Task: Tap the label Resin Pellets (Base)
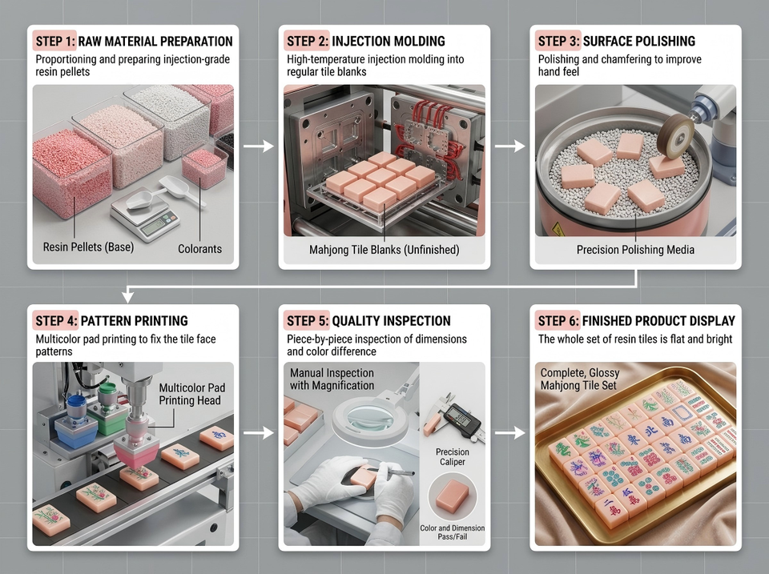click(88, 247)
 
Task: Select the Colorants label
click(199, 249)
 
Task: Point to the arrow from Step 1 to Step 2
click(259, 146)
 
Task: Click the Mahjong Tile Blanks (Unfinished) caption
click(384, 250)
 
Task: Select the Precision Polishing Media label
click(635, 250)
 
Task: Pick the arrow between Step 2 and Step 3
click(510, 146)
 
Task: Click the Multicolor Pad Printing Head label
click(191, 394)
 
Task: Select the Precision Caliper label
click(452, 456)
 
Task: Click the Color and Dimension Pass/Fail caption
click(452, 532)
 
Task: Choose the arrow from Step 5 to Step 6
click(510, 432)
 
